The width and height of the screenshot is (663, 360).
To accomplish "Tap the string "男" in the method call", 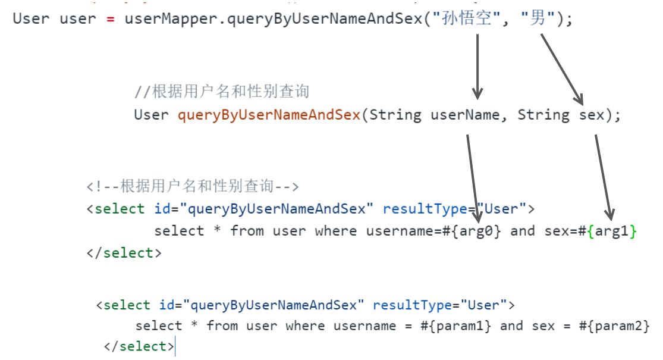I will click(x=538, y=18).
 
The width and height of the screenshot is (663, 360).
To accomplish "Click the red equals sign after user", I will click(x=110, y=18).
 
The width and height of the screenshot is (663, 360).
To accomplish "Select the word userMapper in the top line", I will click(x=156, y=18).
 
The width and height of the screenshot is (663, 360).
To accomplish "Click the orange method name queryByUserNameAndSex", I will click(x=269, y=115).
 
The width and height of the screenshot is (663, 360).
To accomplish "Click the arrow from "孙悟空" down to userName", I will click(x=477, y=65).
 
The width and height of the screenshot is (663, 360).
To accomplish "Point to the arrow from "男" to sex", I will click(x=562, y=68).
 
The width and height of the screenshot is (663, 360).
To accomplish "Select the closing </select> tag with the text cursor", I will click(x=139, y=346).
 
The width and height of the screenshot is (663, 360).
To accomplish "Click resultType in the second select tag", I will click(x=410, y=305).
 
